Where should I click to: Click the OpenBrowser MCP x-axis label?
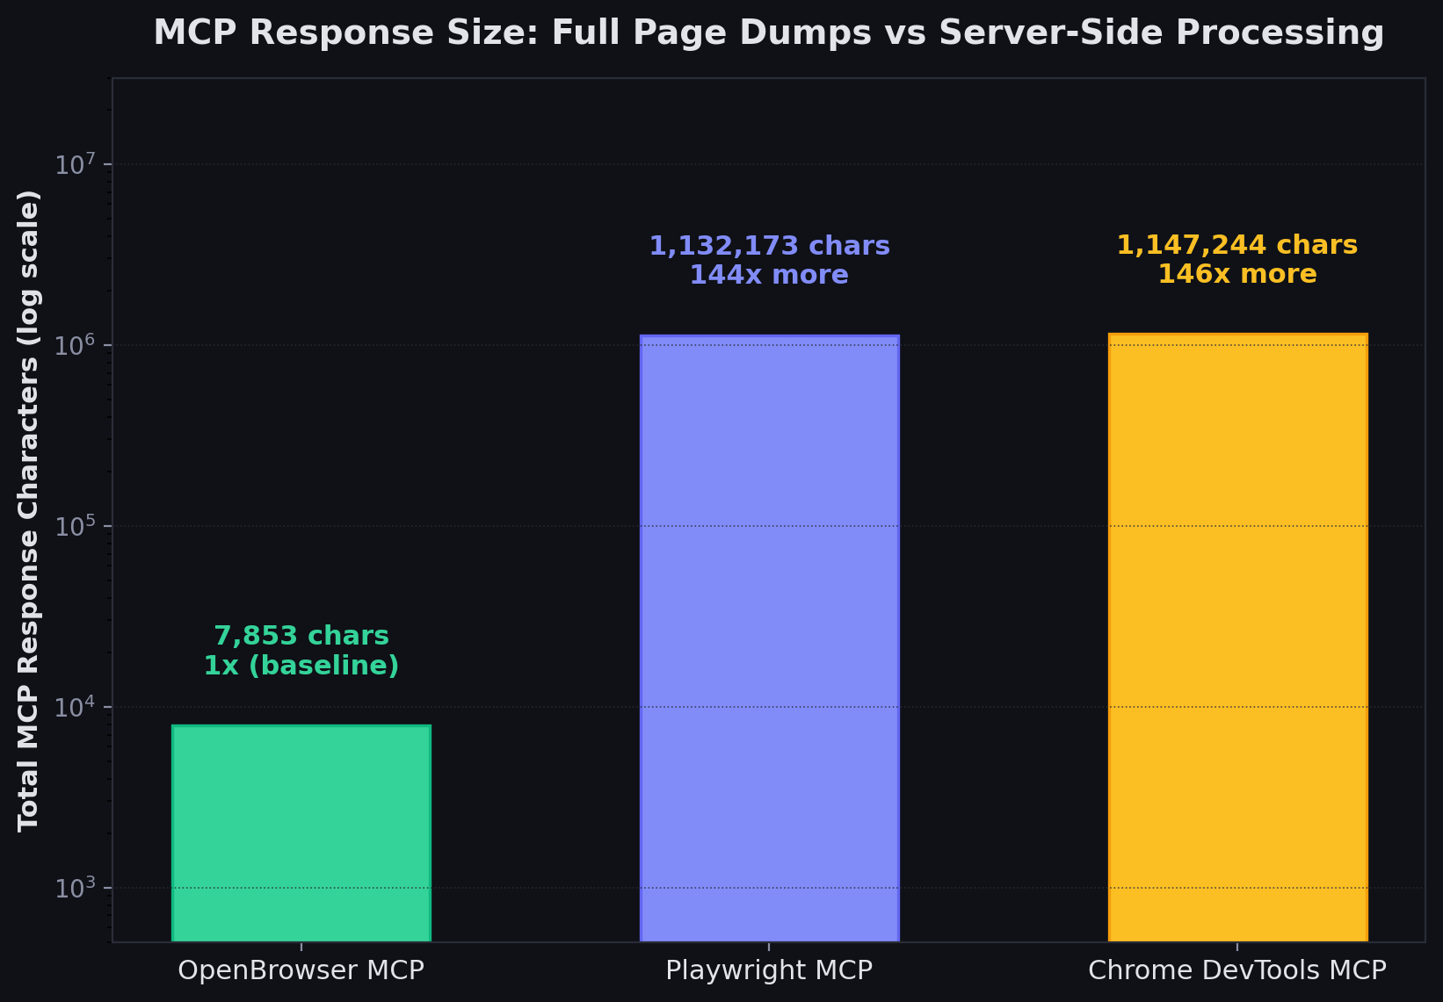point(301,970)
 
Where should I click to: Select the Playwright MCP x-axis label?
point(769,970)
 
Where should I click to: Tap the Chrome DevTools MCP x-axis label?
point(1237,970)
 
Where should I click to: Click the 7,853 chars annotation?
point(301,636)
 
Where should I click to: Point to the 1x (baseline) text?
point(301,666)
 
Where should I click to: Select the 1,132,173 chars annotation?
point(769,246)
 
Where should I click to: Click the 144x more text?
point(769,276)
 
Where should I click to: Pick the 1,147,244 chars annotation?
point(1237,245)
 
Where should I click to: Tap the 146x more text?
point(1237,275)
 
